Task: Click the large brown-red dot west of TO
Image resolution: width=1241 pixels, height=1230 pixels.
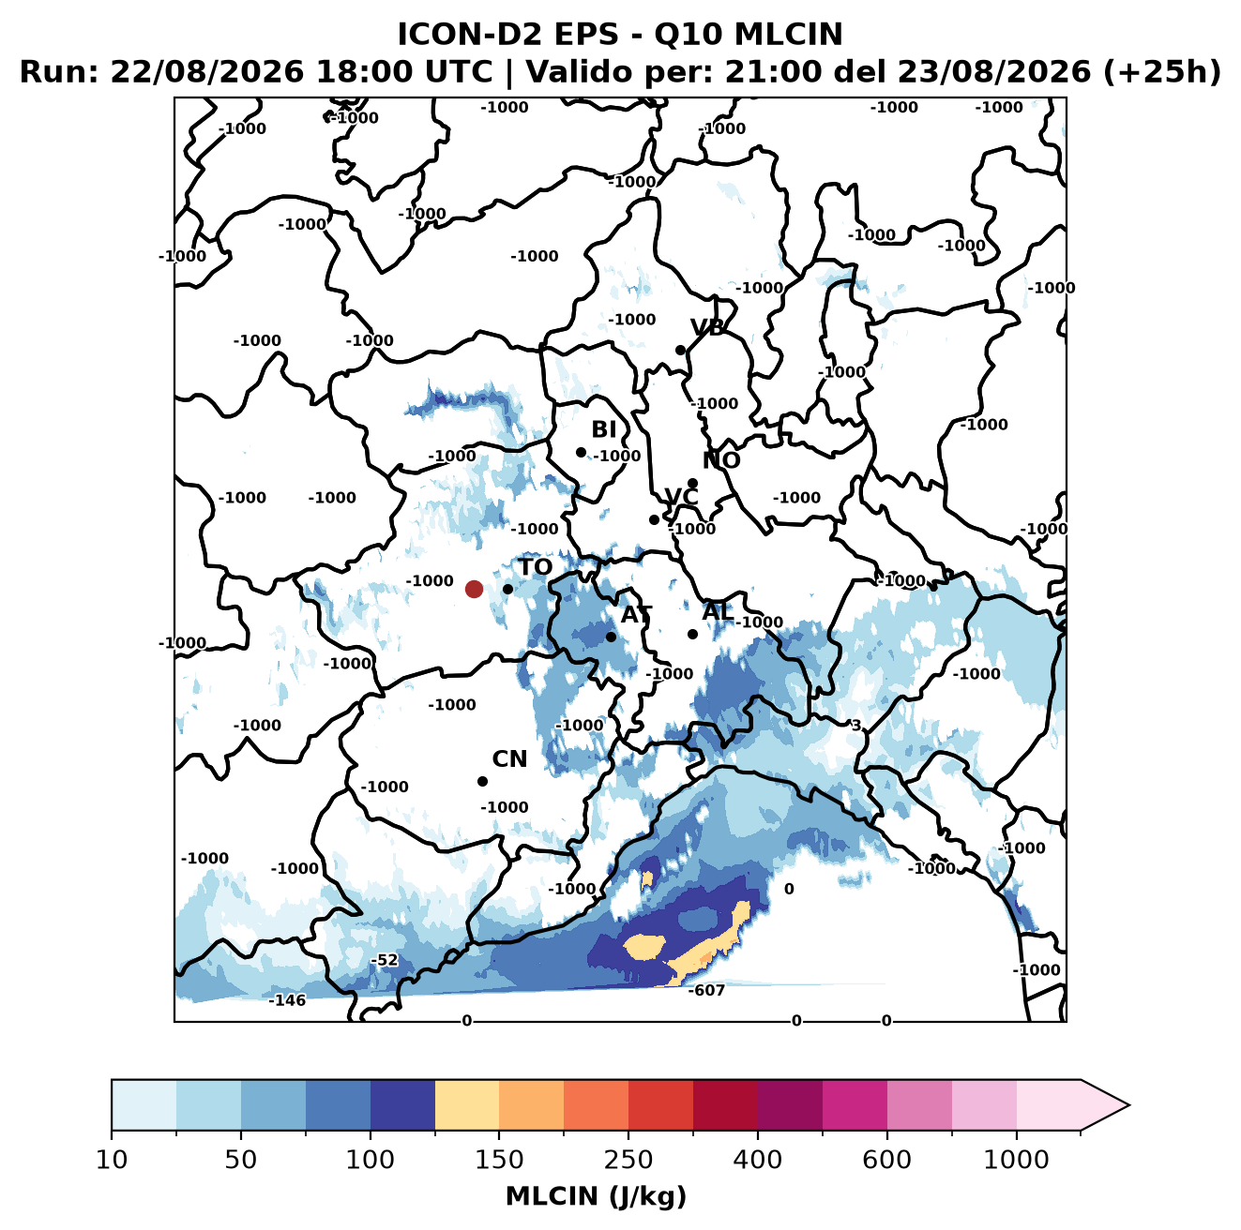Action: (x=474, y=589)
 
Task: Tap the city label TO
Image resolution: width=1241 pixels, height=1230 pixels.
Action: (x=536, y=567)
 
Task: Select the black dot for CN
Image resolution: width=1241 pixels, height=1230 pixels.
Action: (x=482, y=781)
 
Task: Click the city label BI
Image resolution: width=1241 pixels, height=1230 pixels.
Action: (x=603, y=429)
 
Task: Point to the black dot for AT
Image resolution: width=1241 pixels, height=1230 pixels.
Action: (x=611, y=637)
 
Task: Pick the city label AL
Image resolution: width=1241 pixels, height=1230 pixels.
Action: (x=718, y=611)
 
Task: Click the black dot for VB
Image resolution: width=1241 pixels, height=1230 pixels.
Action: (x=680, y=350)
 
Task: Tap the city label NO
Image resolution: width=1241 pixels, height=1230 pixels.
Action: (x=720, y=460)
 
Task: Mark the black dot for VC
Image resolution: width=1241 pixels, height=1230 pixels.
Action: (x=654, y=519)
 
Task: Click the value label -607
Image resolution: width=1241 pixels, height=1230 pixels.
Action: (x=705, y=991)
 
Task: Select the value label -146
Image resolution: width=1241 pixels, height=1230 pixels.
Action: (x=287, y=1000)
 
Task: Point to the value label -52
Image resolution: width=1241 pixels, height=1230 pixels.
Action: (x=385, y=960)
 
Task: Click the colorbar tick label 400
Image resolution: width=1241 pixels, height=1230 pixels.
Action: (x=757, y=1160)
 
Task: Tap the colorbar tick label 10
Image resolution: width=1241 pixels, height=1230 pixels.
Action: (x=112, y=1160)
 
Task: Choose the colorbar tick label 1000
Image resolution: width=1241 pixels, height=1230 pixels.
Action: (x=1016, y=1160)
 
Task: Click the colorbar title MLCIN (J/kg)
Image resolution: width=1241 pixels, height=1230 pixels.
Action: (x=596, y=1196)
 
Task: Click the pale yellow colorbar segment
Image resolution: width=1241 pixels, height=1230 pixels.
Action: (x=467, y=1104)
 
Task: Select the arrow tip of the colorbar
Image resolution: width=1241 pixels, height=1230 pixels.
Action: (x=1129, y=1105)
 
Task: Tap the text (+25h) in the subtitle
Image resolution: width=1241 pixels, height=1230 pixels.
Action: (x=1161, y=72)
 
